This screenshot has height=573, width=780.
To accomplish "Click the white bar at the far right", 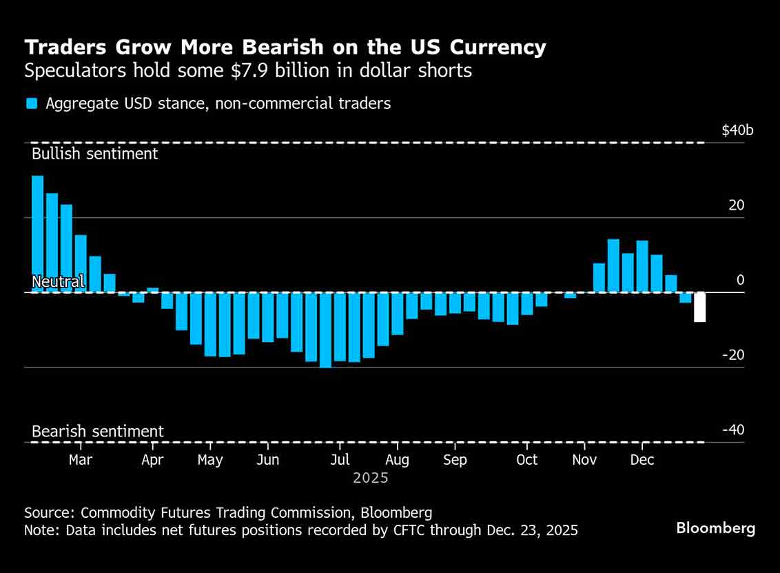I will coord(699,307).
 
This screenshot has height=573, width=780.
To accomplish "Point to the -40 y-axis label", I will coord(733,430).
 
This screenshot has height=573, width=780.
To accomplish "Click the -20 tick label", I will coord(733,355).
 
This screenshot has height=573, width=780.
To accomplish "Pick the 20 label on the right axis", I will coord(737,205).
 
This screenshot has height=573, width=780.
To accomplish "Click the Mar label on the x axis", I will coord(81,460).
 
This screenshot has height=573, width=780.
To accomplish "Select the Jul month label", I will coord(340,460).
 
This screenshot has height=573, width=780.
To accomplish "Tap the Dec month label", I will coord(642,460).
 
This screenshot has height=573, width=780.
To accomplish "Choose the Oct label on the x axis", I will coord(526,460).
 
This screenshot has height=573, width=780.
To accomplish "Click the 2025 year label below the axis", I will coord(371,478).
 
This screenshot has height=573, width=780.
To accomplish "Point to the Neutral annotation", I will coord(58,281).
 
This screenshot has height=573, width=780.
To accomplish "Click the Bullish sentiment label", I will coord(95,154).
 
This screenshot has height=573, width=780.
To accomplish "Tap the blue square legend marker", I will coord(32,104).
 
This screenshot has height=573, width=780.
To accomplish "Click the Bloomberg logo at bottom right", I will coord(715,529).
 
